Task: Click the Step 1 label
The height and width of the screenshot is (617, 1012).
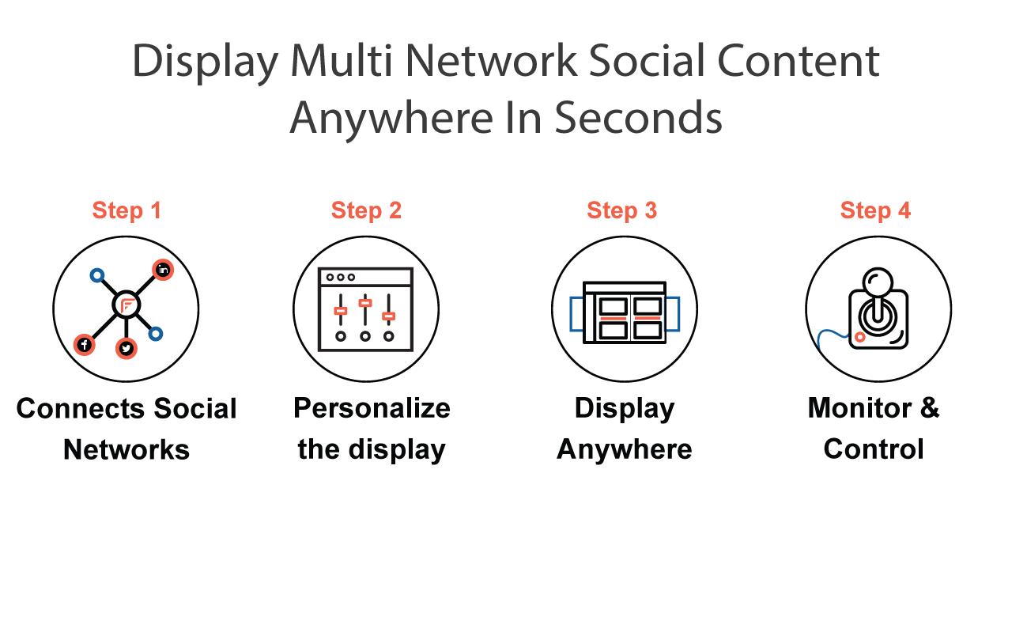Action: click(126, 210)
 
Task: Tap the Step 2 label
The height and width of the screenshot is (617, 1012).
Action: click(366, 210)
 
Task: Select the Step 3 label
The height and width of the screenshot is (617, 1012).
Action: click(621, 210)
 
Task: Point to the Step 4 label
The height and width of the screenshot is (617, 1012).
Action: click(875, 210)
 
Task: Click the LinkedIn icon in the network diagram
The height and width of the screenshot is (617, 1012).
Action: click(163, 270)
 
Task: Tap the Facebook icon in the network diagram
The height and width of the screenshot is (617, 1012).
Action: click(85, 345)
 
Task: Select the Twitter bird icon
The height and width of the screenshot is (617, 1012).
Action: click(126, 349)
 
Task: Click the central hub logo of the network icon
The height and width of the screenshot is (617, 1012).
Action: click(126, 305)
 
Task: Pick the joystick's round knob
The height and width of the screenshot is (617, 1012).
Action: click(878, 282)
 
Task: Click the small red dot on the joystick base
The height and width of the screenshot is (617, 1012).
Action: click(859, 337)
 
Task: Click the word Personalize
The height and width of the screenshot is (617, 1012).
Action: click(372, 409)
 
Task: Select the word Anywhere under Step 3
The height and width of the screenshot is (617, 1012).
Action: click(625, 449)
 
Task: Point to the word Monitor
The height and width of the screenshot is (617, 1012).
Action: click(859, 407)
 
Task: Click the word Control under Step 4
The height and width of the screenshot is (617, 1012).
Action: click(874, 449)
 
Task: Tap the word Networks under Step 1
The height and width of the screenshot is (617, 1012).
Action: click(126, 450)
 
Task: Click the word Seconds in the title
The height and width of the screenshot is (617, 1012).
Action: click(638, 119)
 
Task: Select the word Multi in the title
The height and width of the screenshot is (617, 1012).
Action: click(341, 61)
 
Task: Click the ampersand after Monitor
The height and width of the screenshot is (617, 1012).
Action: click(930, 407)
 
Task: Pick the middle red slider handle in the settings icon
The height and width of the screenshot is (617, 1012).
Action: click(365, 303)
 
